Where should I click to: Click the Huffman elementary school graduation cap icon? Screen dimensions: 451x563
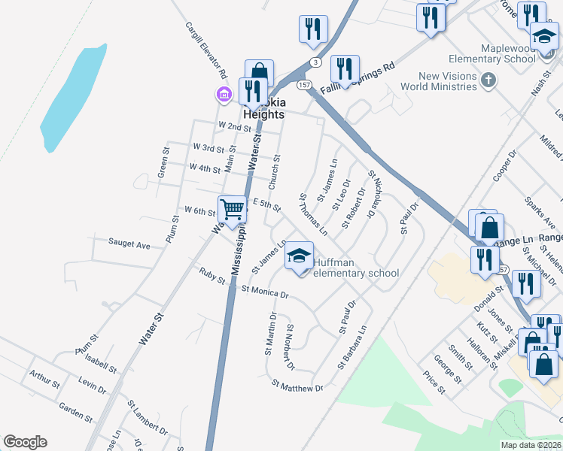(299, 256)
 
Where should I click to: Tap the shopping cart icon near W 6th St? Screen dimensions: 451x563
(233, 209)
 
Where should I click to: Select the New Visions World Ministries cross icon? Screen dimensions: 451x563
(488, 80)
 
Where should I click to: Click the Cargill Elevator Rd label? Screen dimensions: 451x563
(206, 51)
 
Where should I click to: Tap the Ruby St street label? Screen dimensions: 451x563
(212, 276)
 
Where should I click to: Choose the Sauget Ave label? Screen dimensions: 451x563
(129, 244)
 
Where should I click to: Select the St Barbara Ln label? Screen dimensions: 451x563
(352, 348)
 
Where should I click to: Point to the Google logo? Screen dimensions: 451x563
(25, 443)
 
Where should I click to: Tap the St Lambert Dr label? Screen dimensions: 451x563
(147, 419)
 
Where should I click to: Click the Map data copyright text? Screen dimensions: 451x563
(531, 445)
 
